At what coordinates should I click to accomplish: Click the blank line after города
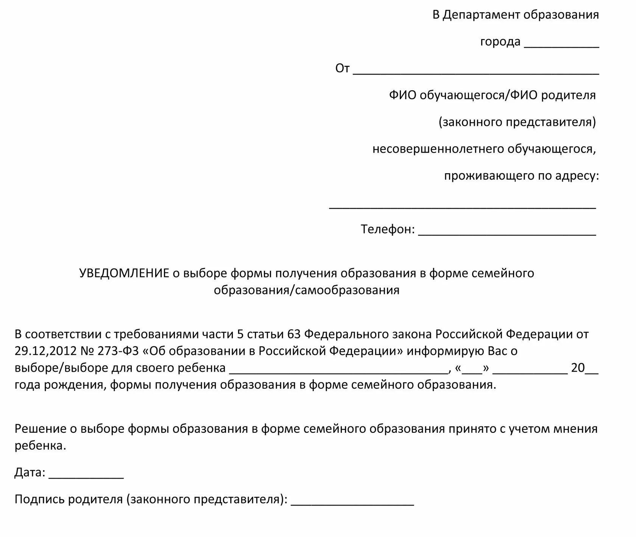561,45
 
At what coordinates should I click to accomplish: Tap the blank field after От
476,72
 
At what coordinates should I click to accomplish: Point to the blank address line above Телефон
463,207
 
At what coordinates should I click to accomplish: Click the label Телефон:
388,229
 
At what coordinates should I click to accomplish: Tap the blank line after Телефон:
507,233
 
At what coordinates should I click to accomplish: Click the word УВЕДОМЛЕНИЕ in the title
124,273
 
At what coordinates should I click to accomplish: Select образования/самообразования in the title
307,290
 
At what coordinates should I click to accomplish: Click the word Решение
41,429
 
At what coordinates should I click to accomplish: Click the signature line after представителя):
352,503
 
